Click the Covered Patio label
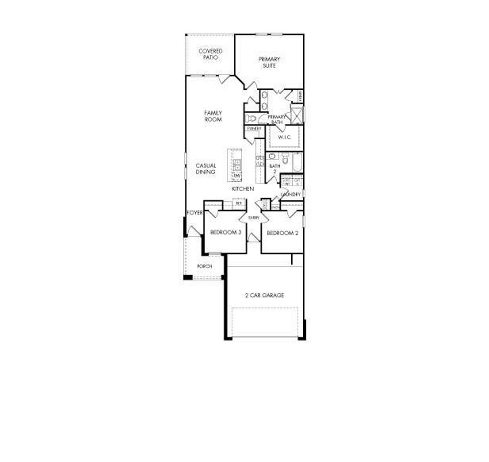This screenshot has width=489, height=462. pos(211,54)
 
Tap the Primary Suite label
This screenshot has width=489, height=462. pos(269,62)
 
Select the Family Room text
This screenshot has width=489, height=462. pos(213,116)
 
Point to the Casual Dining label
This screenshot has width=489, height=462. pos(206,169)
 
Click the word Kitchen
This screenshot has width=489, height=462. pos(243,189)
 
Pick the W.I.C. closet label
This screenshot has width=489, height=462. pos(285,138)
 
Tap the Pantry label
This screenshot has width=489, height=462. pos(254,129)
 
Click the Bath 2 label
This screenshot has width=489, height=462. pos(274,168)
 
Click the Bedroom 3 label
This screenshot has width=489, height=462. pos(225,233)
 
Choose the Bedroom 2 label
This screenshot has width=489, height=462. pos(282,233)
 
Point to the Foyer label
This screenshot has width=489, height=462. pos(194,212)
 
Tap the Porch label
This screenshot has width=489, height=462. pos(204,266)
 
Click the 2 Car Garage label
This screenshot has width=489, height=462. pos(265,296)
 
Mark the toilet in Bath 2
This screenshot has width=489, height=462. pos(285,158)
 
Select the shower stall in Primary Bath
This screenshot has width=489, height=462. pos(296,115)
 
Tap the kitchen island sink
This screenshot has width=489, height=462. pos(237,165)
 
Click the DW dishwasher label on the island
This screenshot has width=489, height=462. pos(236,176)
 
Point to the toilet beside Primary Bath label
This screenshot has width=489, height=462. pos(250,118)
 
